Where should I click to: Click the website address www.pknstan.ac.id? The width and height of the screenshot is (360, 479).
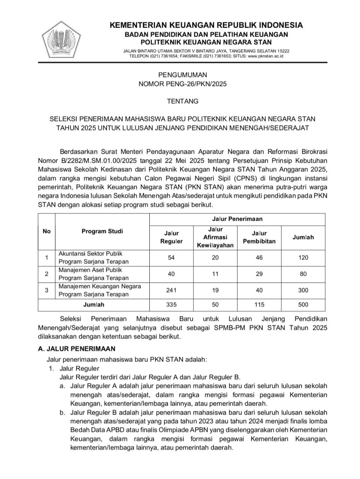[265, 56]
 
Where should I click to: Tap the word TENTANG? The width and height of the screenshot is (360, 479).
[183, 101]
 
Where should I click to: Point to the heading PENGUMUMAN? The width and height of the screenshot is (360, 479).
[183, 75]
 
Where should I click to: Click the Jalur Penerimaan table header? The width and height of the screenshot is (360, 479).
[237, 219]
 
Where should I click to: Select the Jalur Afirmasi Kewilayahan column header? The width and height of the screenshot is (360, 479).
[215, 237]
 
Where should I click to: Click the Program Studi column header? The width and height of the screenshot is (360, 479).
[102, 231]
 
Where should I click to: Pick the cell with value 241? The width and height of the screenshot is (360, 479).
[171, 290]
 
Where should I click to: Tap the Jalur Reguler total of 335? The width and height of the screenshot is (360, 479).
[171, 305]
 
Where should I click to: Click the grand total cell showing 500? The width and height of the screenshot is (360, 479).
[303, 305]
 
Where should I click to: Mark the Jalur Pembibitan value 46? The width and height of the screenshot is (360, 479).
[259, 257]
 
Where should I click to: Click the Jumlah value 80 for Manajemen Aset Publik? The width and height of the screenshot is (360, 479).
[303, 274]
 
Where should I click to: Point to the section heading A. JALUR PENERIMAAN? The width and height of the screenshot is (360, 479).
[77, 349]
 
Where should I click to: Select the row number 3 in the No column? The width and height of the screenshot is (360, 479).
[46, 290]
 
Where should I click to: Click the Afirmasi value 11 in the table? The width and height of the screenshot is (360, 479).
[215, 274]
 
